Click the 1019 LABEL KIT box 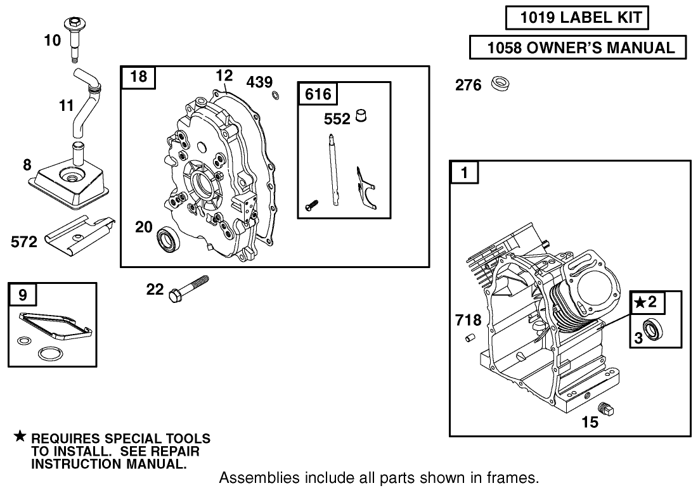point(577,18)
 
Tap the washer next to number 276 point(500,84)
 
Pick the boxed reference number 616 point(318,94)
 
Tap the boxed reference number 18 point(138,77)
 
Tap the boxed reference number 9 point(23,294)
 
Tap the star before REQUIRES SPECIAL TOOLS point(20,436)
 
